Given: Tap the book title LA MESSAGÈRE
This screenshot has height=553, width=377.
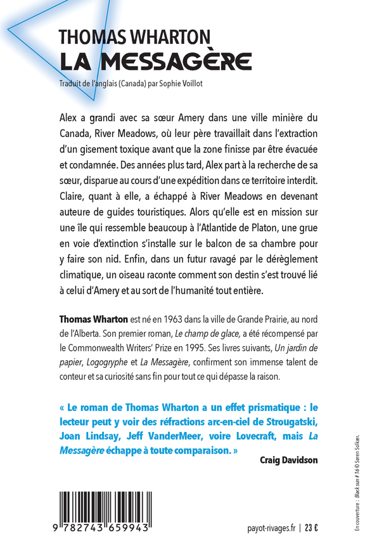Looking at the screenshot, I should tap(156, 62).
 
